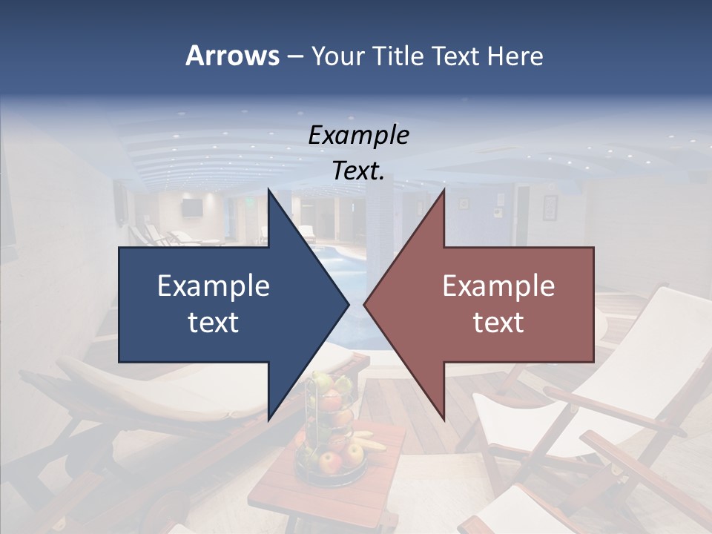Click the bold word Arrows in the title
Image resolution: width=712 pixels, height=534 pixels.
coord(231,56)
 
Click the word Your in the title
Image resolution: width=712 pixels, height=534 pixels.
coord(338,56)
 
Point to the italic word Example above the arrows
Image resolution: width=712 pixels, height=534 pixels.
coord(358,135)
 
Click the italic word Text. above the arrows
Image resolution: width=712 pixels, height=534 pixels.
coord(358,171)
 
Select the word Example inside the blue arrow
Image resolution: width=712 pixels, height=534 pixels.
coord(214,286)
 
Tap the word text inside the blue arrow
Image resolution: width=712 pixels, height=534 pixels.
coord(214,323)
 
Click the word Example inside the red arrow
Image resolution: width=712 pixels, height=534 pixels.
coord(498,286)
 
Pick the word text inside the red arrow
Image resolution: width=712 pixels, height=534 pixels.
coord(498,323)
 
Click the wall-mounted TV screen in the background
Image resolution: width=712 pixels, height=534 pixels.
coord(191,208)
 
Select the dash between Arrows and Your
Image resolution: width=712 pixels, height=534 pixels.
coord(294,56)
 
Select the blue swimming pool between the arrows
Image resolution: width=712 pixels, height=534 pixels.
coord(337,256)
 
